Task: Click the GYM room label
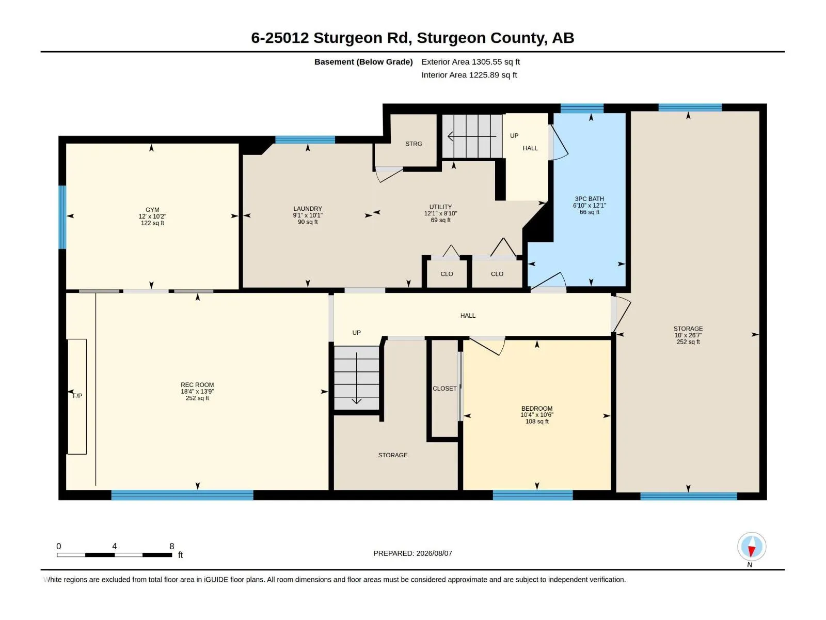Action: pyautogui.click(x=152, y=210)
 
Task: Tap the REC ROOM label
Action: pyautogui.click(x=197, y=385)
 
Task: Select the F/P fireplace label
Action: pyautogui.click(x=77, y=396)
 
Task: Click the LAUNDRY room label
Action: pyautogui.click(x=308, y=209)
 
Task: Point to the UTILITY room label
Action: pyautogui.click(x=440, y=207)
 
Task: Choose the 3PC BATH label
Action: pyautogui.click(x=590, y=199)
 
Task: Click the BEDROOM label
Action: pyautogui.click(x=536, y=409)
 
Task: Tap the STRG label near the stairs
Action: pyautogui.click(x=414, y=144)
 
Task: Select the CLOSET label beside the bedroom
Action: pyautogui.click(x=444, y=389)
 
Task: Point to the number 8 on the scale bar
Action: pyautogui.click(x=171, y=546)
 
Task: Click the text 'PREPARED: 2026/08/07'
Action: pyautogui.click(x=412, y=553)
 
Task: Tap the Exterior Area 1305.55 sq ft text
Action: pyautogui.click(x=470, y=61)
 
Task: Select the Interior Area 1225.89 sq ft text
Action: pyautogui.click(x=469, y=75)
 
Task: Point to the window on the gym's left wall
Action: pyautogui.click(x=62, y=217)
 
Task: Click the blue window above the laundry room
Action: pyautogui.click(x=305, y=139)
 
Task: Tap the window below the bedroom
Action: pyautogui.click(x=532, y=495)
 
